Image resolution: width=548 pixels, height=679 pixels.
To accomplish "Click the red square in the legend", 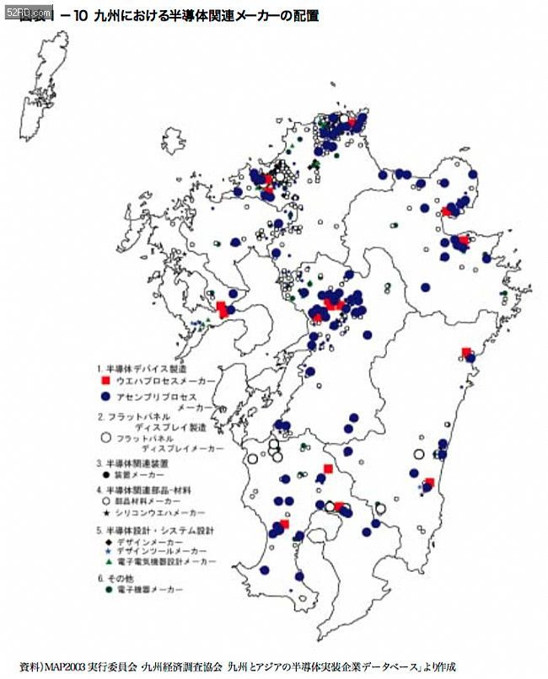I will coord(106,382).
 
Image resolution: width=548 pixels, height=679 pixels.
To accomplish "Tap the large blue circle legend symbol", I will coord(106,396).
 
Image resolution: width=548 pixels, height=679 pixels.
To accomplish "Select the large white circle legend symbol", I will coord(106,438).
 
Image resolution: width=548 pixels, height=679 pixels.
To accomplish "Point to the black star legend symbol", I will coord(106,512).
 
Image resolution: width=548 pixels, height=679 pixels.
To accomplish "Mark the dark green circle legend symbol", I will coord(106,591).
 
